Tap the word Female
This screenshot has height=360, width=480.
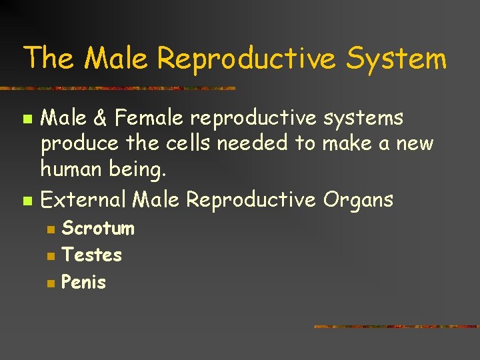(x=149, y=118)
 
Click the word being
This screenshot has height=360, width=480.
(x=143, y=170)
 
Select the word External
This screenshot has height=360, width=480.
(x=84, y=199)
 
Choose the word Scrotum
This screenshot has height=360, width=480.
(x=98, y=229)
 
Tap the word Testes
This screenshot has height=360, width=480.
(x=91, y=255)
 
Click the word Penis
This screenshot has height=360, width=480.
(x=83, y=282)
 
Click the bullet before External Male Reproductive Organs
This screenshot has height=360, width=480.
(x=27, y=200)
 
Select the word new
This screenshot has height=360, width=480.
(x=417, y=143)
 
